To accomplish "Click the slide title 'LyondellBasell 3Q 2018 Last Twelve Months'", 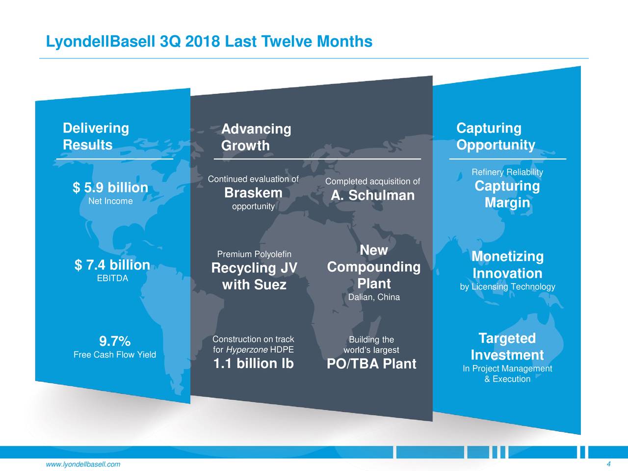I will point(209,42).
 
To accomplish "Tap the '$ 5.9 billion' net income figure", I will point(110,187).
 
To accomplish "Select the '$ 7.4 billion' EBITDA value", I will point(112,265).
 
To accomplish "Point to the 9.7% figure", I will point(114,341).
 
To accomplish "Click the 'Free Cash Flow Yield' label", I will point(114,355).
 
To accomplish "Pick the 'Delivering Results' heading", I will point(96,136).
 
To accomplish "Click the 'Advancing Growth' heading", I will point(256,137).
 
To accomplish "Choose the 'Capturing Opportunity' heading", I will point(496,136).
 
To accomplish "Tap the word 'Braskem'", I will point(253,193).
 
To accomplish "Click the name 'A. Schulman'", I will point(372,195).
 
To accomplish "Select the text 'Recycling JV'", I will point(254,268).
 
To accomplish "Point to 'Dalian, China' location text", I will point(373,297).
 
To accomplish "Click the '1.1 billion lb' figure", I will point(253,364).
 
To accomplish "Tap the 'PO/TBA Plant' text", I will point(371,364).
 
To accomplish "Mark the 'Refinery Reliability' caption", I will point(507,172).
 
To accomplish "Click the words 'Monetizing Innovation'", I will point(507,265).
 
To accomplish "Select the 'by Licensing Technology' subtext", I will point(507,287).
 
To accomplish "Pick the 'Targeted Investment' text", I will point(507,347).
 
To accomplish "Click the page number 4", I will point(608,465).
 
